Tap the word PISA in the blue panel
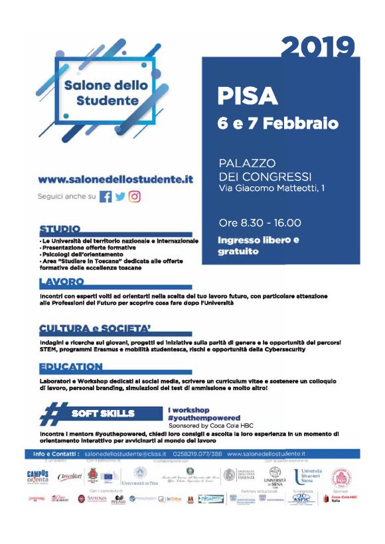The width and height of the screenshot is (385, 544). tap(248, 97)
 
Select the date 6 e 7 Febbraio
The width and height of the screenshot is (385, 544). tap(277, 123)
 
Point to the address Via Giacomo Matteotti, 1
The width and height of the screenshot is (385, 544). tap(271, 189)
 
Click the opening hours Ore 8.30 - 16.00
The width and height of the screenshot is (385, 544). tap(260, 223)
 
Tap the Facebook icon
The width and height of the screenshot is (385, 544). tap(105, 197)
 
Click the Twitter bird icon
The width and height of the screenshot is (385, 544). tap(120, 197)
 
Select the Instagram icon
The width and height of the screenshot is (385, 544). tap(135, 197)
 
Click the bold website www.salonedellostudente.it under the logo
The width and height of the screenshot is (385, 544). tap(116, 179)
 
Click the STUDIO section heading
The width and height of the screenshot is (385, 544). tap(60, 230)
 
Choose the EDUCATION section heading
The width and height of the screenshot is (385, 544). tap(71, 367)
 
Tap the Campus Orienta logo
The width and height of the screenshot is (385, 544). tap(38, 477)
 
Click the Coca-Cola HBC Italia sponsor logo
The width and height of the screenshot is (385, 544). tap(337, 498)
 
